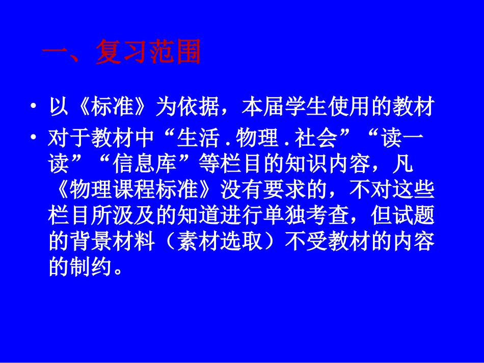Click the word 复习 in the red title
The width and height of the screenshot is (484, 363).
(x=121, y=53)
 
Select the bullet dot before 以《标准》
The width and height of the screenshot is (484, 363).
(x=34, y=108)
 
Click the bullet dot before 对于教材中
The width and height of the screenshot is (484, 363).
(x=34, y=137)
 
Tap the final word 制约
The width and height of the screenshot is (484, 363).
(x=92, y=267)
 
